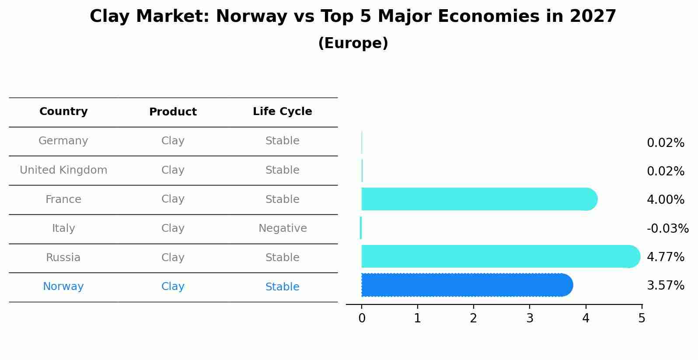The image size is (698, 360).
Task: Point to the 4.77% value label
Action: pos(665,257)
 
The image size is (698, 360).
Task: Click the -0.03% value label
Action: pos(667,228)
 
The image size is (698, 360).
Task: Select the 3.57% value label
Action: pos(665,286)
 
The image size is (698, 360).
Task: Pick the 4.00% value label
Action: pos(665,200)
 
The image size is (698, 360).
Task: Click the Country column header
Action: pos(63,112)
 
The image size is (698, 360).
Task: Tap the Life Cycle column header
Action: pos(282,112)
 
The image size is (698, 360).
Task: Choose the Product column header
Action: pos(173,112)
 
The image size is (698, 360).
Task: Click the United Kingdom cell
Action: pos(63,170)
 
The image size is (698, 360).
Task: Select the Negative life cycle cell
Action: pos(283,228)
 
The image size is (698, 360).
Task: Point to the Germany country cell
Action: pos(63,141)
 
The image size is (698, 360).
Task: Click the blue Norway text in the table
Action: pos(63,287)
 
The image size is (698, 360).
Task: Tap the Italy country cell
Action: pos(63,228)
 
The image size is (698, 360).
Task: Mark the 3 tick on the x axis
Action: pos(530,318)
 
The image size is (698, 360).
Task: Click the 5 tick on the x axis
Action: pos(642,318)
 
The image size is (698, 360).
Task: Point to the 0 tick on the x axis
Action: pos(362,318)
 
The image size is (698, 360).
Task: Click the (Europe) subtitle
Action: pos(353,43)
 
